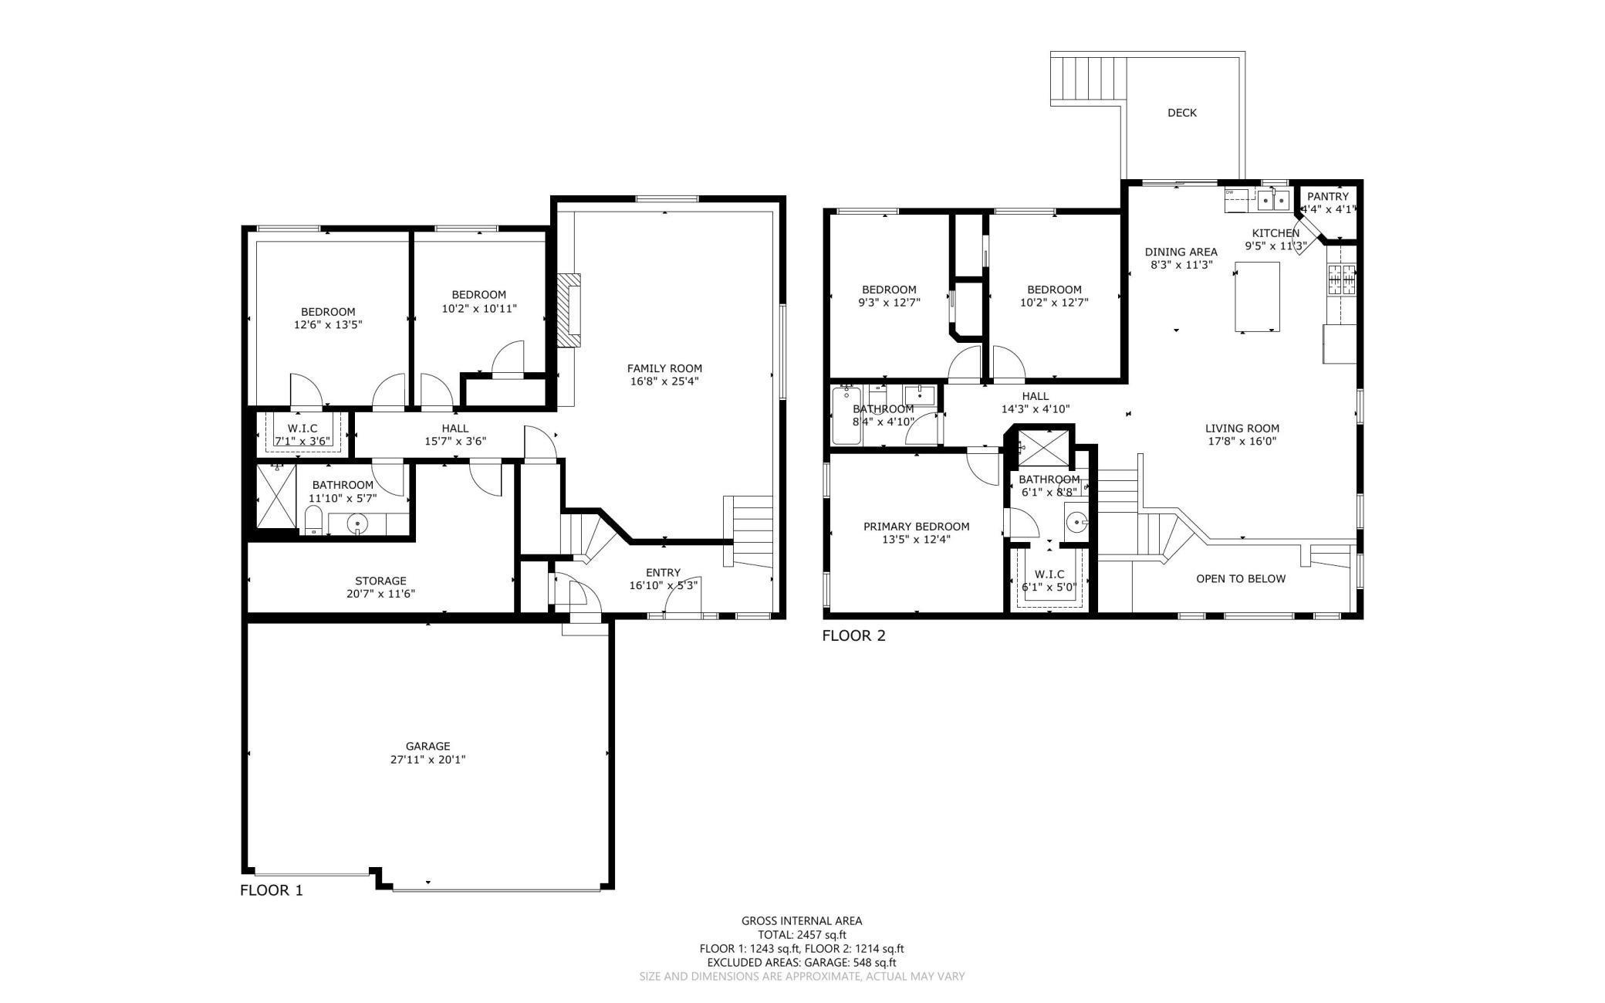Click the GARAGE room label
[427, 746]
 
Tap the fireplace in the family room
[569, 310]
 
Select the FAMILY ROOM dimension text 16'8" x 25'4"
[664, 381]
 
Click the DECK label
[1181, 113]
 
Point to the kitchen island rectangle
[1257, 296]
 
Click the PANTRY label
[1327, 196]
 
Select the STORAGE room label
[380, 581]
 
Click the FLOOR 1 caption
[272, 890]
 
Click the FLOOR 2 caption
[853, 636]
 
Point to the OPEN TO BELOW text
[1241, 578]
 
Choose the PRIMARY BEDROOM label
[916, 527]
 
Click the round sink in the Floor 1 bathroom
[357, 525]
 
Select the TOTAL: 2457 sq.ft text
[802, 934]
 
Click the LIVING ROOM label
[1242, 429]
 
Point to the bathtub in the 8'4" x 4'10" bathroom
[846, 416]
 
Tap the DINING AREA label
[1181, 252]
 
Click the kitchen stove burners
[1341, 280]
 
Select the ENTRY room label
[663, 572]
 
